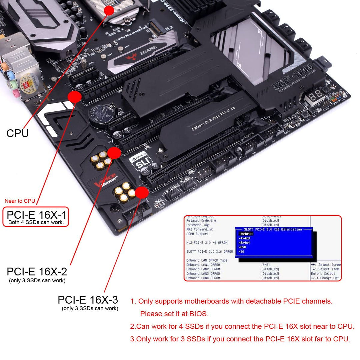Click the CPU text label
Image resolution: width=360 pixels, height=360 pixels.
[17, 133]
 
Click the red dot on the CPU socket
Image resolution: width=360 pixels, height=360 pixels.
[109, 10]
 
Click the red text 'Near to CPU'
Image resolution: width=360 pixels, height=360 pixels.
[20, 201]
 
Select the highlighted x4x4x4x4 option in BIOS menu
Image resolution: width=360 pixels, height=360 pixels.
[246, 234]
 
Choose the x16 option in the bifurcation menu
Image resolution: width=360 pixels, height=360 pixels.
[241, 251]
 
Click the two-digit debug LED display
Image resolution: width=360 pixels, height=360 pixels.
[315, 94]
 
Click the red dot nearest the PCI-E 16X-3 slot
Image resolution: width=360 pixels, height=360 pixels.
[142, 192]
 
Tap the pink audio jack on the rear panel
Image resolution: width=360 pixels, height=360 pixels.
[16, 94]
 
